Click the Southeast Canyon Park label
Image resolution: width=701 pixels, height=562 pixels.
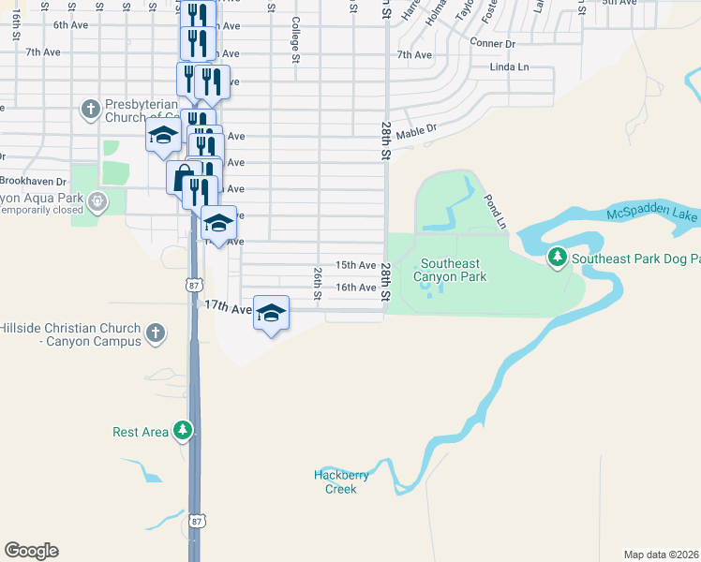tap(453, 271)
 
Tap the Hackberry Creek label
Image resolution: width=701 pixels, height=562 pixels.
tap(341, 481)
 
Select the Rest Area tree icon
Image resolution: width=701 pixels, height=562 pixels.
tap(184, 431)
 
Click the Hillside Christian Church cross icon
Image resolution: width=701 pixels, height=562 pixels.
tap(156, 333)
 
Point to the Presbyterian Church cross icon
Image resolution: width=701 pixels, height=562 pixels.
tap(91, 110)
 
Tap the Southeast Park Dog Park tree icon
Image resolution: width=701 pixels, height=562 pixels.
tap(558, 256)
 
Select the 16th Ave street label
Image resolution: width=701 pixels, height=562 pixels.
tap(356, 288)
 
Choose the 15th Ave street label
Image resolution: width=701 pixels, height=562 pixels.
tap(356, 266)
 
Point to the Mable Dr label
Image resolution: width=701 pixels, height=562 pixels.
tap(417, 135)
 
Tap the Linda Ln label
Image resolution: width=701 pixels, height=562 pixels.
tap(510, 67)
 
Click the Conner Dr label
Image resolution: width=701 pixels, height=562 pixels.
tap(493, 43)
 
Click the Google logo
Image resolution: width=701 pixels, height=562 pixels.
tap(31, 551)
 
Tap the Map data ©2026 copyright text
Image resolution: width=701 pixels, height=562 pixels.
tap(662, 555)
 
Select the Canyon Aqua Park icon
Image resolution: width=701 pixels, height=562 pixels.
tap(96, 200)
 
